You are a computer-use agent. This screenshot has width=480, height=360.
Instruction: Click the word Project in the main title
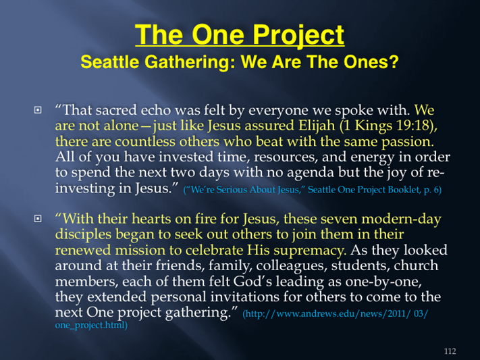click(x=298, y=36)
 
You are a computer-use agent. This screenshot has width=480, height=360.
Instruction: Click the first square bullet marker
click(x=38, y=109)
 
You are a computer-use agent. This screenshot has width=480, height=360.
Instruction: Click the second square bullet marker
click(x=38, y=218)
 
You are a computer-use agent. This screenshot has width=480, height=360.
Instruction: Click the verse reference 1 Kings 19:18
click(x=387, y=126)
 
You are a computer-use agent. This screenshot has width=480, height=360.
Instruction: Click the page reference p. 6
click(x=432, y=190)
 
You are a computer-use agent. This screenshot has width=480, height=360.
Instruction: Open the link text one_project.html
click(x=91, y=325)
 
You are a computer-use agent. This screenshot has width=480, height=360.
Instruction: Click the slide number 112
click(x=450, y=351)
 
